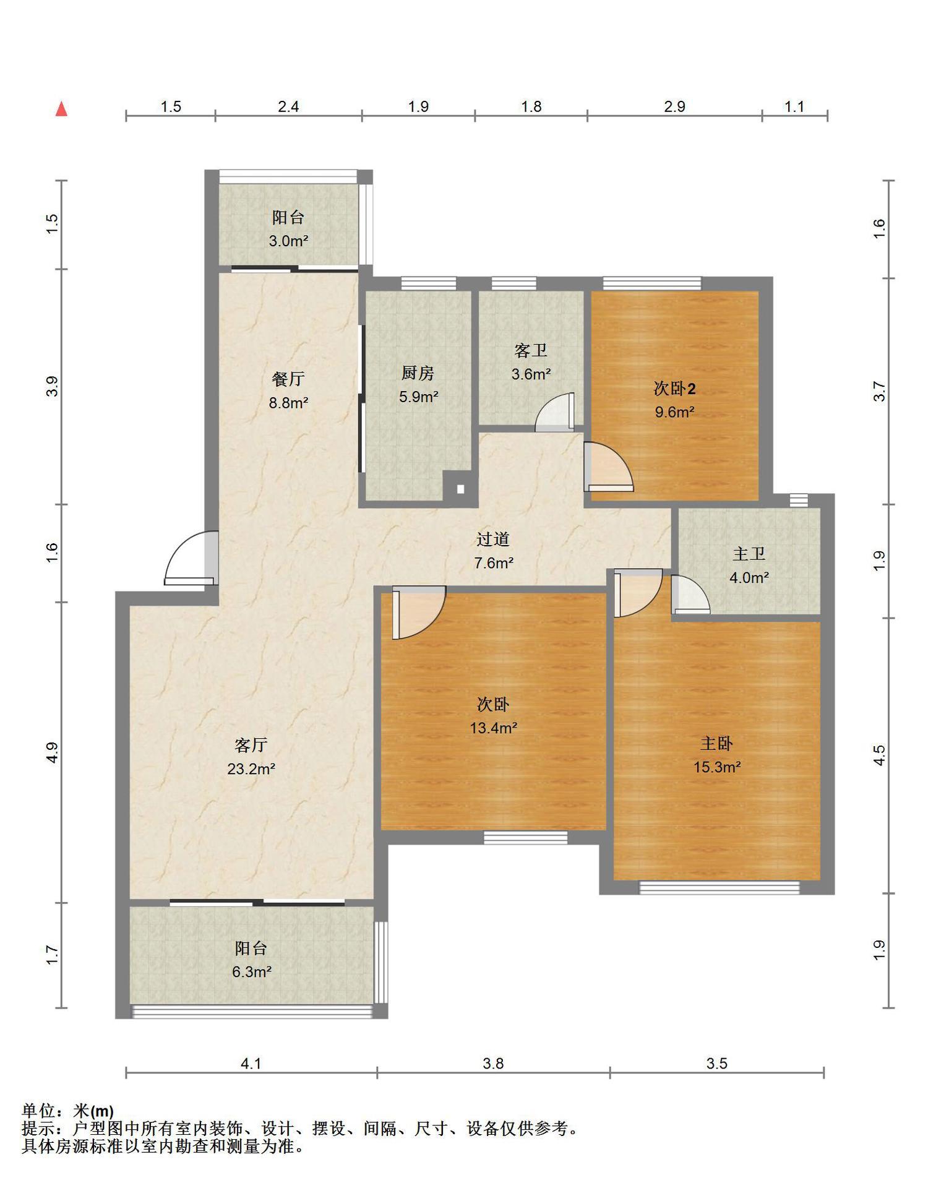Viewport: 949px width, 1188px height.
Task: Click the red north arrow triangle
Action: pyautogui.click(x=61, y=110)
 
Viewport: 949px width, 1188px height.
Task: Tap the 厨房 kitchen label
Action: pyautogui.click(x=418, y=373)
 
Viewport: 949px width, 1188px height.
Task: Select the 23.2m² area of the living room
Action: pyautogui.click(x=251, y=768)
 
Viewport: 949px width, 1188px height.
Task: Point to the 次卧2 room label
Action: pyautogui.click(x=674, y=389)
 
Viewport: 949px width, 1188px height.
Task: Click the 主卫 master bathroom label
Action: pyautogui.click(x=749, y=554)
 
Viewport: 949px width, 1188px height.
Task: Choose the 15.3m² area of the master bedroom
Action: pyautogui.click(x=717, y=767)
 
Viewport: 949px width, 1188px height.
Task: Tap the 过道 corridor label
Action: pyautogui.click(x=493, y=540)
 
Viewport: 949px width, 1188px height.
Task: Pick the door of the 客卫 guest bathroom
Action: pyautogui.click(x=555, y=412)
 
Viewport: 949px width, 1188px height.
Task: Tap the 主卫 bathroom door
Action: pyautogui.click(x=690, y=595)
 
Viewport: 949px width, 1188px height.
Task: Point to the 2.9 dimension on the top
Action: pyautogui.click(x=675, y=106)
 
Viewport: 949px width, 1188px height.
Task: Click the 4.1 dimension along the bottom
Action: pyautogui.click(x=251, y=1064)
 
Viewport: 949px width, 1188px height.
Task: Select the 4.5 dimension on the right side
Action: pyautogui.click(x=879, y=755)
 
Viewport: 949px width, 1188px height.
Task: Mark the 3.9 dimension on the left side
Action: pyautogui.click(x=53, y=386)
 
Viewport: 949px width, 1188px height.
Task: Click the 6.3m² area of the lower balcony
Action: pyautogui.click(x=252, y=972)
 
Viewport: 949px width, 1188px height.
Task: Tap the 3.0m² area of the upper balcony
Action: pyautogui.click(x=288, y=241)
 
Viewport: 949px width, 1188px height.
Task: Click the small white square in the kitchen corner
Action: pyautogui.click(x=460, y=489)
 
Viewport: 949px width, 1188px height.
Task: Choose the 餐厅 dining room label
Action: pyautogui.click(x=288, y=379)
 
